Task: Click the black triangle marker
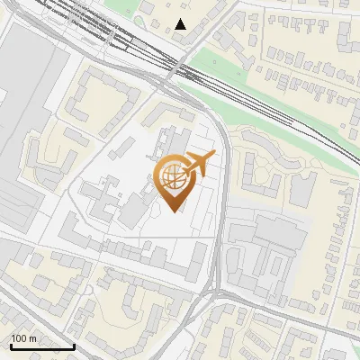182,24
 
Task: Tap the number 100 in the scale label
18,338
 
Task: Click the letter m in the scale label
31,338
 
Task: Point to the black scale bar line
41,346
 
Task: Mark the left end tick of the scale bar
10,345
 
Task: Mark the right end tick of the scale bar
74,345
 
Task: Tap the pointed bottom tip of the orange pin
172,211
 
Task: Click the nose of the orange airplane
213,157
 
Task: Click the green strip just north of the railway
216,67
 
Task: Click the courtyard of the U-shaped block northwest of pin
94,103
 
